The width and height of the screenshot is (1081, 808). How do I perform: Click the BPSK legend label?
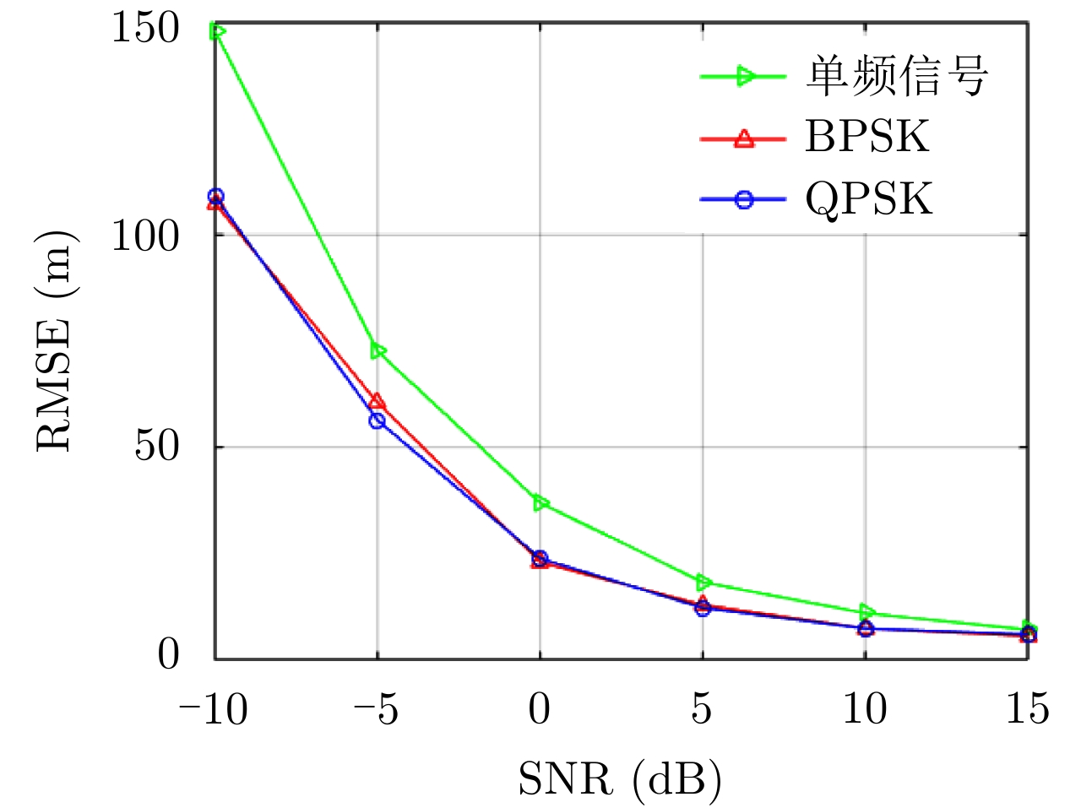866,137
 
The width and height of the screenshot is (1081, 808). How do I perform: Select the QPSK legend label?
868,199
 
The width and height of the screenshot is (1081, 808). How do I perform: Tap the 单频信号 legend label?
897,76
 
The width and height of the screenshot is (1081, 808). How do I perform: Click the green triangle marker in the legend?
745,76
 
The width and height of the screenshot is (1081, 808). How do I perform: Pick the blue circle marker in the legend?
744,200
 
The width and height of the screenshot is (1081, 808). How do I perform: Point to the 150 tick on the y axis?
145,28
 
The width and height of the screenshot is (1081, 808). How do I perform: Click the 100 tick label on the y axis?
145,236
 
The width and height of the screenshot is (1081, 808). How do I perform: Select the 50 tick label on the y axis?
157,446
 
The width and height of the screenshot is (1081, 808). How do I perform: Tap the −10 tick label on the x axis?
213,709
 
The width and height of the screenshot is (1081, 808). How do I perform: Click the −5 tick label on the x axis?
376,709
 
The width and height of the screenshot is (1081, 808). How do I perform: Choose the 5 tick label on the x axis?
702,709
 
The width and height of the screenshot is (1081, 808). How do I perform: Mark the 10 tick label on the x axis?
865,709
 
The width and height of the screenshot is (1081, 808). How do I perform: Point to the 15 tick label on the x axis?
1027,709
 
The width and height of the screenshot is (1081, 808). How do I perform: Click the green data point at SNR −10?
217,32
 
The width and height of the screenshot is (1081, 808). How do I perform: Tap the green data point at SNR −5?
378,350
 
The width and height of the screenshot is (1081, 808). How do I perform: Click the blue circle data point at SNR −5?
378,420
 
